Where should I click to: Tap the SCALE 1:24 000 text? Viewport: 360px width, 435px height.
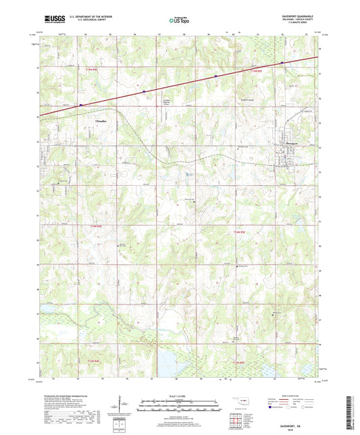(180, 396)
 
